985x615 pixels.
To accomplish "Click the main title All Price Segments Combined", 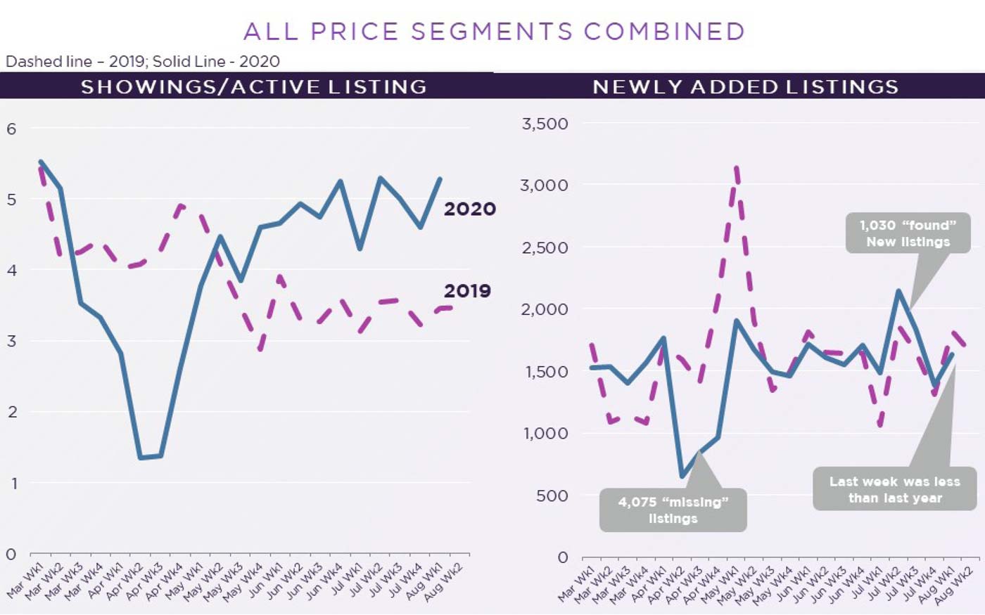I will click(494, 32).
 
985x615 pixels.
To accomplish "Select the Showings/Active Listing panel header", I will click(253, 86).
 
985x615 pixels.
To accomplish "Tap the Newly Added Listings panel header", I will click(745, 86).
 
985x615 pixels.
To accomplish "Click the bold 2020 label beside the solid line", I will click(469, 209).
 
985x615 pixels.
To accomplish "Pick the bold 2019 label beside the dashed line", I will click(467, 290).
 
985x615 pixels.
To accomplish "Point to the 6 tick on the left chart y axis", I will click(11, 129).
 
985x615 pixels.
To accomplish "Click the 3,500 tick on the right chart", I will click(545, 124).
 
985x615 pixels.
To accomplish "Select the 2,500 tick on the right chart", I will click(545, 248).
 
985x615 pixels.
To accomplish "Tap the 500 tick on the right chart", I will click(552, 496).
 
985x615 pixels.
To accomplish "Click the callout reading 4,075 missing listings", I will click(673, 510).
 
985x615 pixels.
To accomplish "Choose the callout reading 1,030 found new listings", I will click(908, 233).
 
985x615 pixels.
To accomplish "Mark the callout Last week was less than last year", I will click(894, 490).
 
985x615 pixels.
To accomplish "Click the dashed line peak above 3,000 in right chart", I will click(736, 167).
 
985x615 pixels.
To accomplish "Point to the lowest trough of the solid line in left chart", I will click(141, 458).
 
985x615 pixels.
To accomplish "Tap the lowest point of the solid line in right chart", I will click(681, 477).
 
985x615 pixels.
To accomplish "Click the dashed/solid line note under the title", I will click(143, 61).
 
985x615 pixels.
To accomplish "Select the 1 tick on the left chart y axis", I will click(12, 484).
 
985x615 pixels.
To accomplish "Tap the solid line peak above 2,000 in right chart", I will click(898, 290).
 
